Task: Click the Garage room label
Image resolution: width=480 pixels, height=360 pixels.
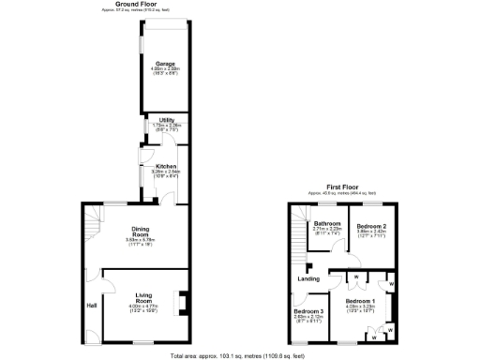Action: [166, 63]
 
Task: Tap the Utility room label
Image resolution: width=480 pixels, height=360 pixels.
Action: [166, 119]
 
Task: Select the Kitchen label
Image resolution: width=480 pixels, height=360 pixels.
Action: [166, 167]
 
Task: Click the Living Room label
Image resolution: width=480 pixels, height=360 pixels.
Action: [143, 297]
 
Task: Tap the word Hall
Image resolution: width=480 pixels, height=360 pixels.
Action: [92, 306]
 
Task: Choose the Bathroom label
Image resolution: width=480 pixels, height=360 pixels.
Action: [326, 223]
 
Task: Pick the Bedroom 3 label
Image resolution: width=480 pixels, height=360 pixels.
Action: [308, 311]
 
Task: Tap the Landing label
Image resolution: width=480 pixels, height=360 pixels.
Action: [308, 278]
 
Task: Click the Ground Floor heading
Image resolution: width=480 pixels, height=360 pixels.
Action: [136, 4]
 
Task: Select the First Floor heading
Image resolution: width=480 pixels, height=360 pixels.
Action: [341, 187]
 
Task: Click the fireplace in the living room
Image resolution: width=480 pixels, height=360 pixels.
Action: [183, 302]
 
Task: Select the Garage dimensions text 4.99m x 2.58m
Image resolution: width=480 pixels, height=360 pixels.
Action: [166, 69]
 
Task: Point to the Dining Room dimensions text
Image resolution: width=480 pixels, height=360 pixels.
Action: [139, 242]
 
